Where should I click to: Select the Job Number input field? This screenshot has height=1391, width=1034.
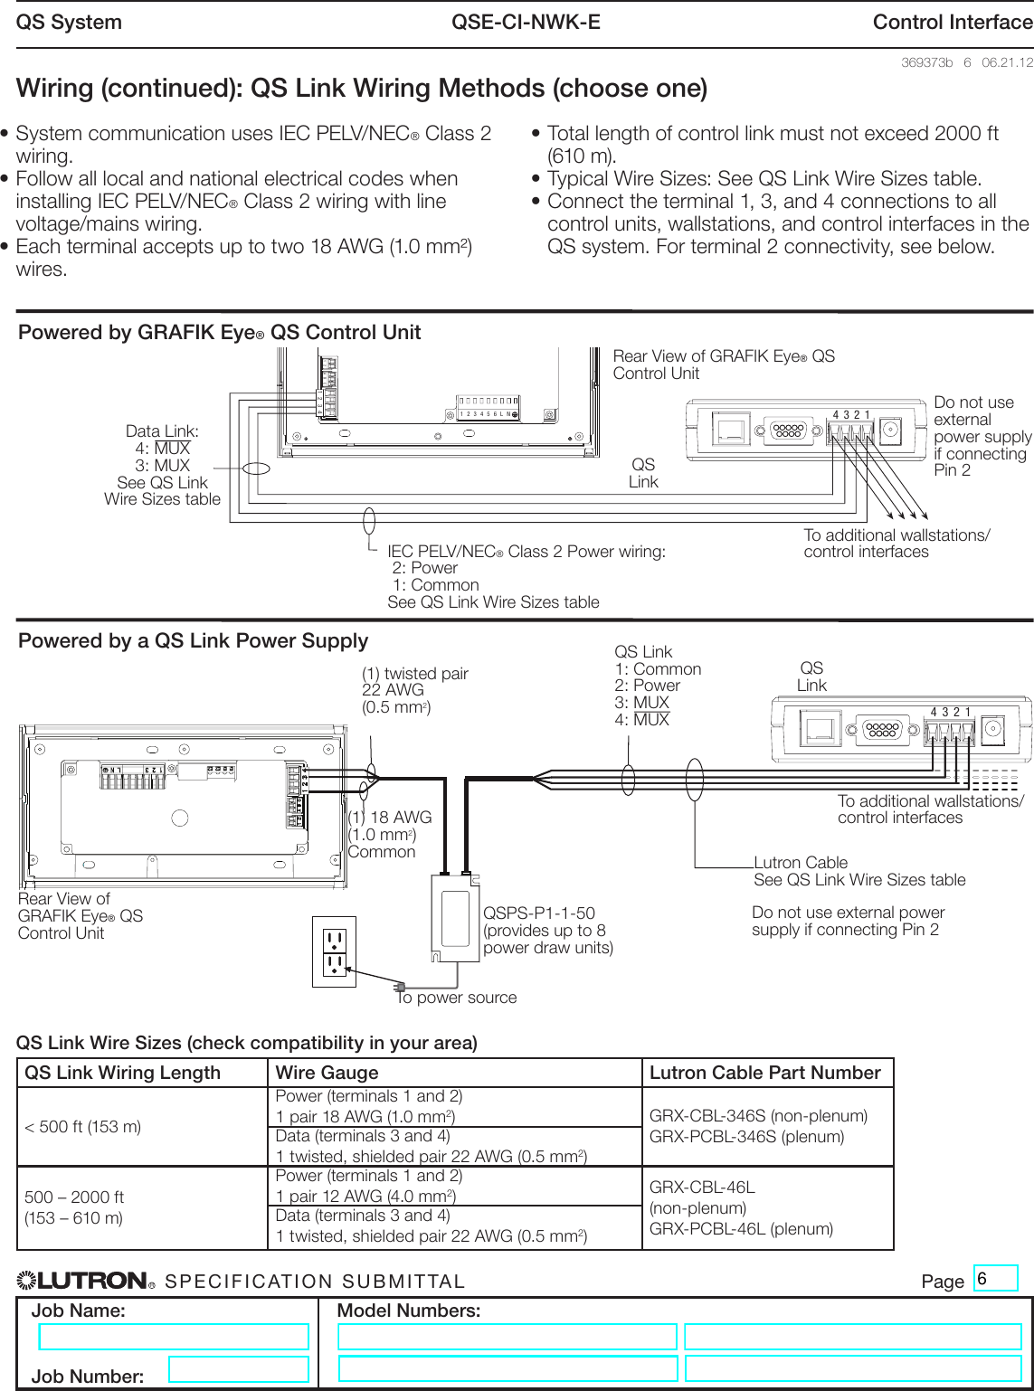point(238,1368)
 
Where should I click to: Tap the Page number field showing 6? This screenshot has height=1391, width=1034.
point(995,1278)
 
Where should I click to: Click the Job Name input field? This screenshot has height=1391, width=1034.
point(174,1337)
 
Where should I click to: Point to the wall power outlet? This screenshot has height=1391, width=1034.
point(335,952)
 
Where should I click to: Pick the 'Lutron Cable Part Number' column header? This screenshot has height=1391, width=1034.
point(765,1073)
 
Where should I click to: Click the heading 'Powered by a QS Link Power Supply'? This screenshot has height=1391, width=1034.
point(193,640)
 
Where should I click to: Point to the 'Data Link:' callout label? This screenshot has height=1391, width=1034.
point(162,431)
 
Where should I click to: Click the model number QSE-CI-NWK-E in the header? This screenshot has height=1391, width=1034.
point(526,23)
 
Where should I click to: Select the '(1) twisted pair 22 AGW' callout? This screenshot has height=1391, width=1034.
point(414,690)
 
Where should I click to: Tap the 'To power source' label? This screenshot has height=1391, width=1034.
point(457,998)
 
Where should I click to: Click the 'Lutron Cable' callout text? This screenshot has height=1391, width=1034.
point(801,863)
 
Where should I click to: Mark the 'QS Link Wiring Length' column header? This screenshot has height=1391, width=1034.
point(122,1073)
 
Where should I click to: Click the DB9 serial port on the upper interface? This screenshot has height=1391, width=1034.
point(788,431)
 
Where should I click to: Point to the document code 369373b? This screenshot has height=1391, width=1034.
point(926,62)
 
